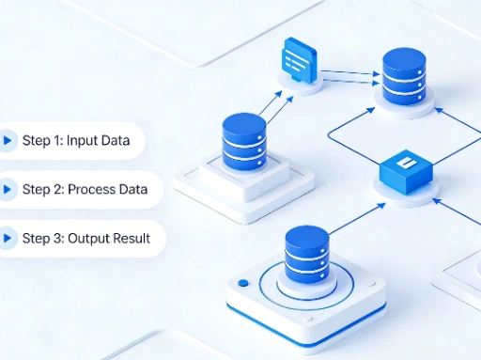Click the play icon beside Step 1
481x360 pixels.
click(x=8, y=141)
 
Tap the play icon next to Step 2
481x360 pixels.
click(x=8, y=190)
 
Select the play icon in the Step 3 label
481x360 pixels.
click(x=8, y=239)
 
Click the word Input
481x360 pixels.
click(x=82, y=141)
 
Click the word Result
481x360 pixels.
click(x=132, y=239)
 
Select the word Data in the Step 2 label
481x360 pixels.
click(x=132, y=190)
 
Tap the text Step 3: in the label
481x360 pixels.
click(x=42, y=239)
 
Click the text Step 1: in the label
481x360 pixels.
click(x=41, y=141)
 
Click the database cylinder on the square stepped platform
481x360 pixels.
click(x=244, y=141)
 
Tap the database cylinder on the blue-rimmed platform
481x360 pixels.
click(x=306, y=258)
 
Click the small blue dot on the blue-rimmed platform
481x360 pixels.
click(x=243, y=282)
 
